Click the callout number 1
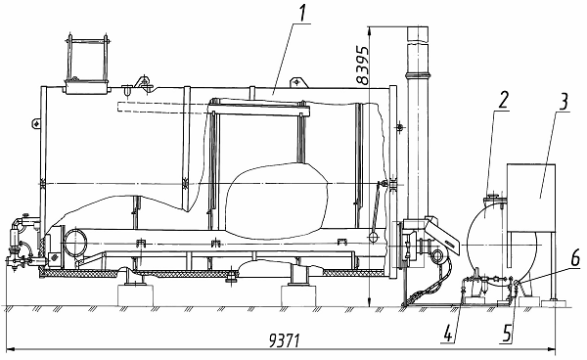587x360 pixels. tap(302, 13)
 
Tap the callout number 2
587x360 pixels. tap(503, 101)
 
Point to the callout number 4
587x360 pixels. tap(449, 333)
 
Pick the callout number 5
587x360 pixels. tap(507, 333)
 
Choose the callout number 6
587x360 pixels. tap(575, 258)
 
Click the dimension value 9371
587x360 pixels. tap(285, 340)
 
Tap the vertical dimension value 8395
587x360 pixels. tap(362, 65)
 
